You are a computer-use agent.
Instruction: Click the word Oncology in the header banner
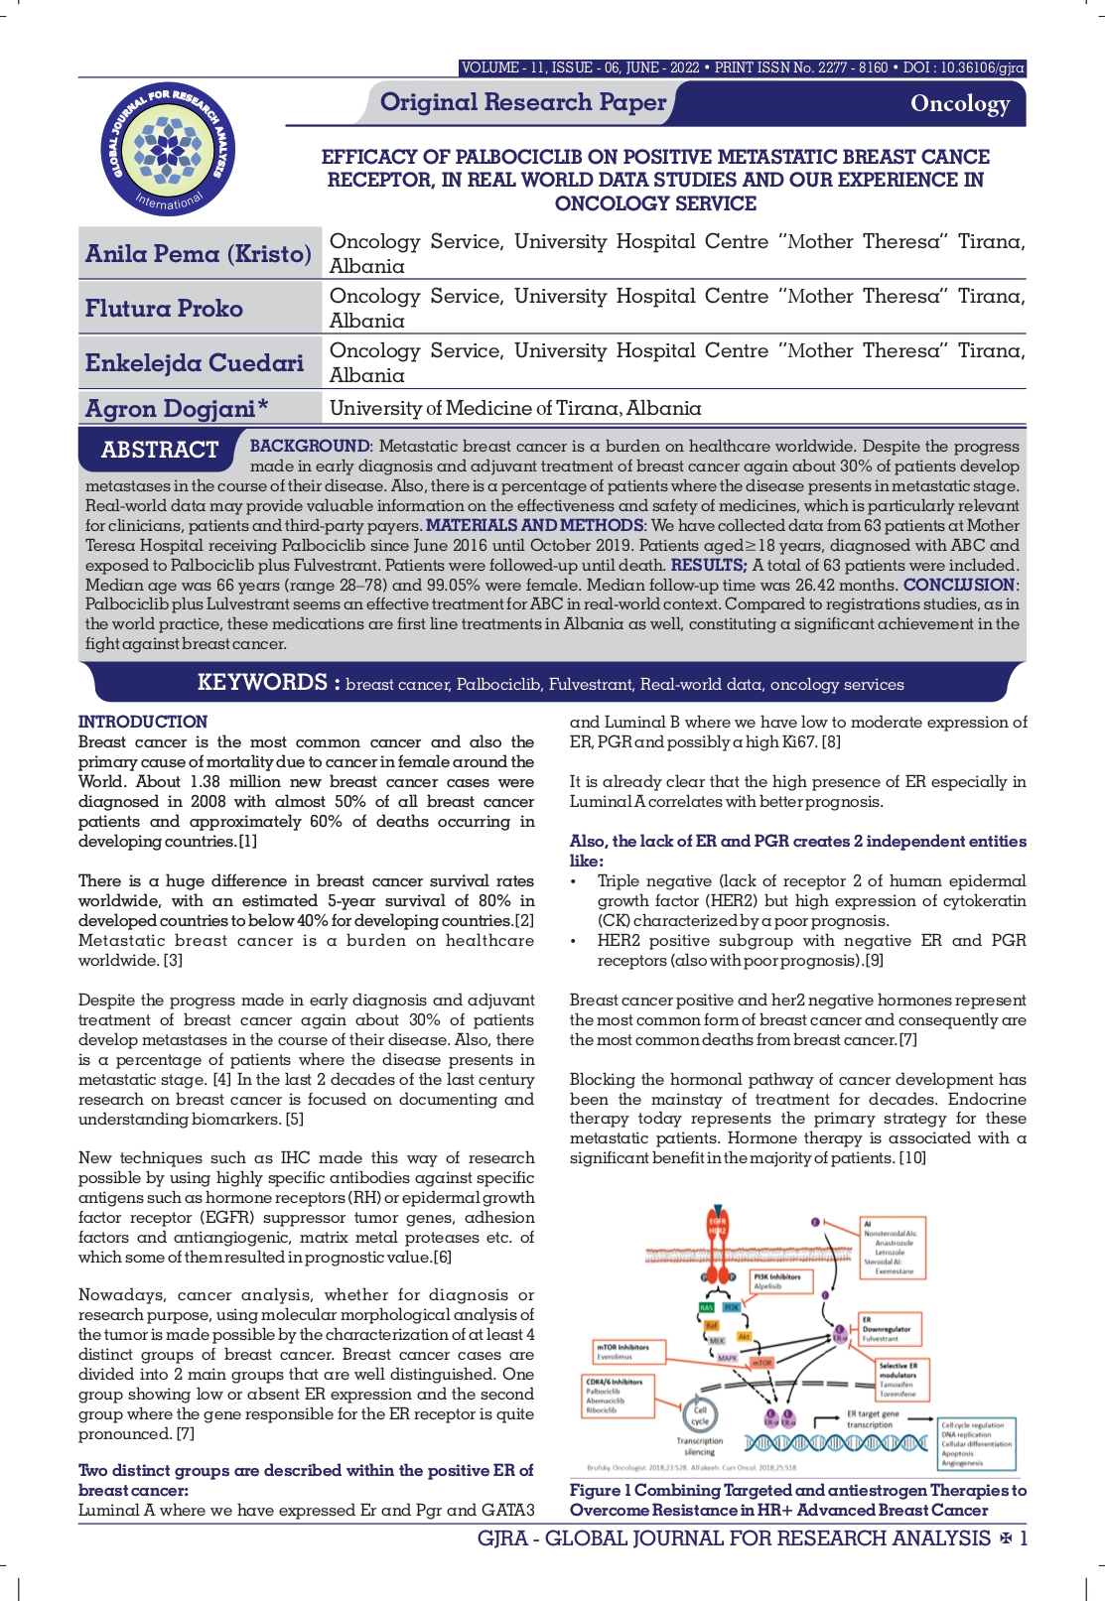tap(959, 103)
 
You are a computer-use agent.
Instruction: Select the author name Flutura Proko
tap(164, 309)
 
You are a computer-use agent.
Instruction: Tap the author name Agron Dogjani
tap(171, 409)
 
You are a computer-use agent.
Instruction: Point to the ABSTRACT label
tap(159, 450)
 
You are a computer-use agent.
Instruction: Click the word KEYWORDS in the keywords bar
tap(262, 683)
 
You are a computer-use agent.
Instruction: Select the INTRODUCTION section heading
tap(143, 722)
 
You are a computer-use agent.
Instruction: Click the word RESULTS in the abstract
tap(708, 565)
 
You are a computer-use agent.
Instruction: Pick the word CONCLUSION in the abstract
tap(959, 585)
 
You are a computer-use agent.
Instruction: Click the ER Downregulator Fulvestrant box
tap(887, 1328)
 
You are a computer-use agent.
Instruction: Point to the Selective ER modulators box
tap(898, 1379)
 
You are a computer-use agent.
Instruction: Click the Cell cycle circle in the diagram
tap(700, 1415)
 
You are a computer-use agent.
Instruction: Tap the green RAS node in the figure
tap(707, 1307)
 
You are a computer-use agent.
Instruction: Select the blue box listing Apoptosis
tap(976, 1444)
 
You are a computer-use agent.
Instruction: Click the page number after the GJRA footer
tap(1024, 1538)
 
